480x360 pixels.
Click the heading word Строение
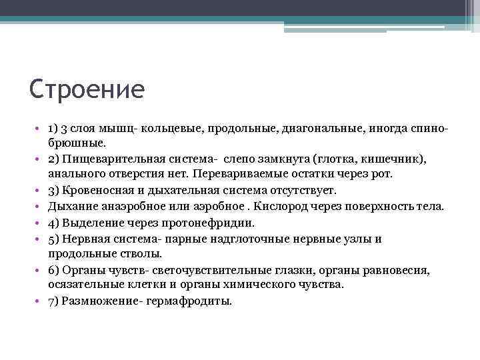87,89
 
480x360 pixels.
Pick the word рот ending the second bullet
382,175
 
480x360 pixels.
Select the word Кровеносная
111,191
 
